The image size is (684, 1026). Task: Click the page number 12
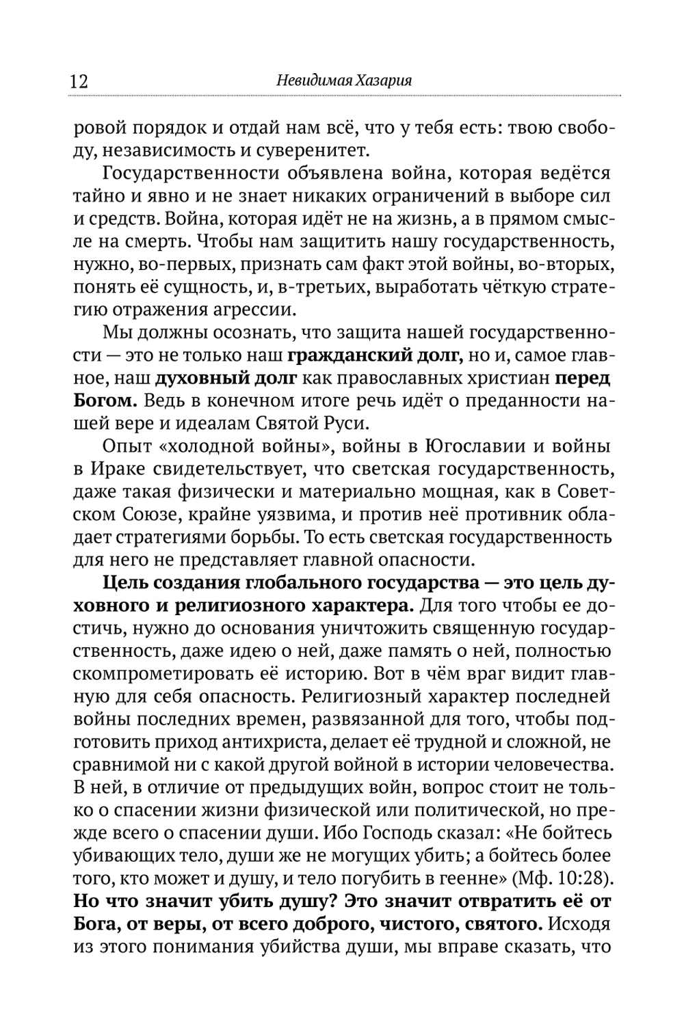coord(79,81)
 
